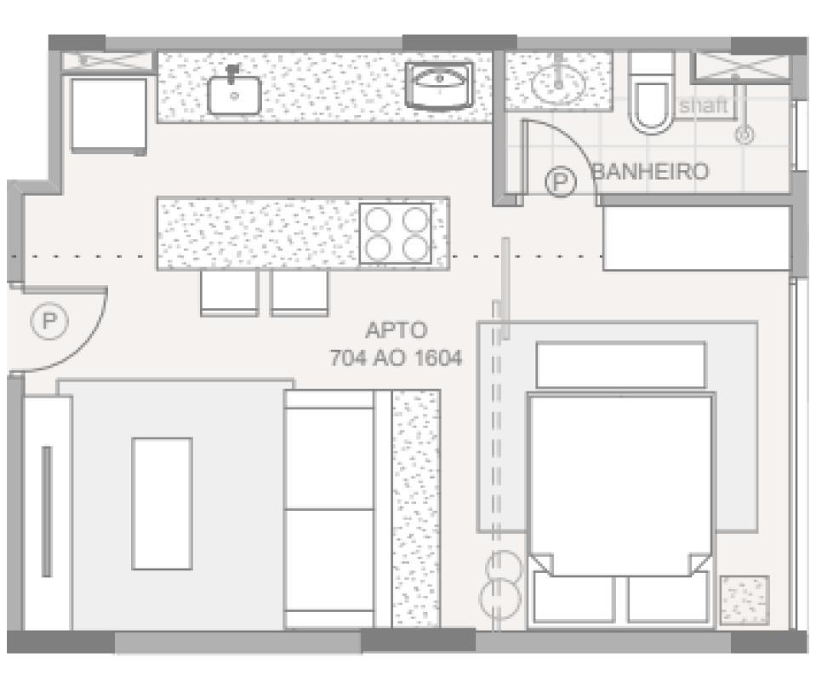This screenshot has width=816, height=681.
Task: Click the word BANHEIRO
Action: click(x=650, y=172)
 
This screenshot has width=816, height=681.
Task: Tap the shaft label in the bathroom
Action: click(x=705, y=106)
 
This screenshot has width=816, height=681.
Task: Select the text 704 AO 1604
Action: click(x=396, y=358)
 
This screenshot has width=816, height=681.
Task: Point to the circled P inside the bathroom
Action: click(x=559, y=181)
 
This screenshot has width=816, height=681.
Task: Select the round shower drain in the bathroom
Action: click(x=745, y=134)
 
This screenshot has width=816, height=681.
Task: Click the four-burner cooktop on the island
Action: click(x=395, y=233)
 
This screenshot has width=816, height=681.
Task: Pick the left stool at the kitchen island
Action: click(x=229, y=293)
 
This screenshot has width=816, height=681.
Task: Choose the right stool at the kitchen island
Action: click(x=300, y=293)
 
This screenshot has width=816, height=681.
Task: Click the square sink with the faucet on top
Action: click(x=234, y=92)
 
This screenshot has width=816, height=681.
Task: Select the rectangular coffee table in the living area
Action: click(x=162, y=503)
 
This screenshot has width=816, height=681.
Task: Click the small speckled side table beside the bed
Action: click(x=745, y=600)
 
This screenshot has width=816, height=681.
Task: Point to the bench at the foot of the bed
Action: click(x=620, y=364)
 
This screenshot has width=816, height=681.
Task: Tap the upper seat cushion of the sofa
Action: click(x=329, y=460)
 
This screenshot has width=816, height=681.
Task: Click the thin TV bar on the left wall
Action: click(x=47, y=510)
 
